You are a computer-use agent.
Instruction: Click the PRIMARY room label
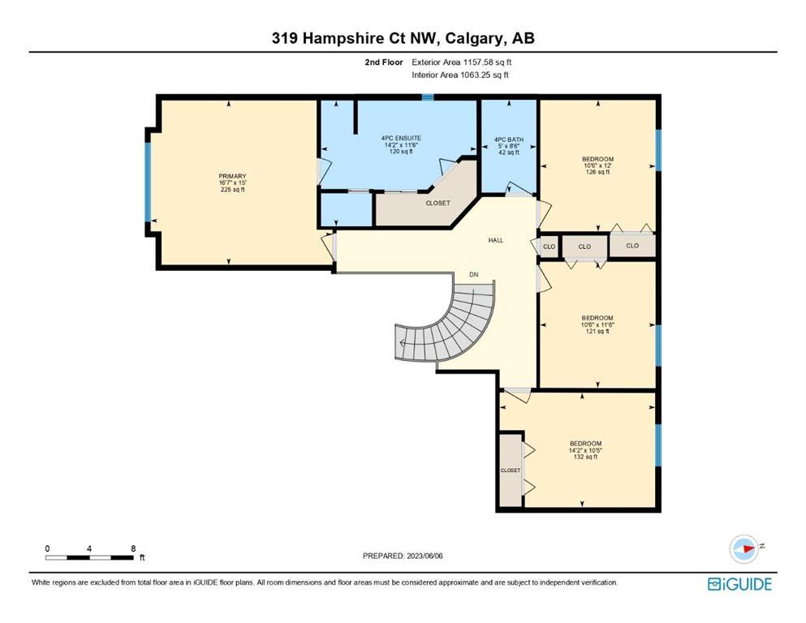coord(232,176)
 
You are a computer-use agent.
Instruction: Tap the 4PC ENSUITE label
coord(401,138)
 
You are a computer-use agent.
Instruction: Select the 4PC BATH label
coord(509,140)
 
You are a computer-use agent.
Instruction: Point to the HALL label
coord(495,240)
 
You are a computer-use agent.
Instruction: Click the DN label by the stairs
coord(473,275)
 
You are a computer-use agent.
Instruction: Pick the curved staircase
coord(452,329)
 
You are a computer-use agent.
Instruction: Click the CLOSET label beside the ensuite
coord(438,203)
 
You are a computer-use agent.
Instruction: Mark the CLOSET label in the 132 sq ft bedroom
coord(511,470)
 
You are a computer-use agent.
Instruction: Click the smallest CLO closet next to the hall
coord(549,247)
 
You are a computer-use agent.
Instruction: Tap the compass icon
coord(744,548)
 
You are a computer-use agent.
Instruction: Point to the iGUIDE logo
coord(739,584)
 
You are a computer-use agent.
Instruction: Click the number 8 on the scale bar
coord(133,548)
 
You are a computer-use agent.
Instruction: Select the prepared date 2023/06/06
coord(425,556)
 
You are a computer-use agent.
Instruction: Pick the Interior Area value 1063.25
coord(476,75)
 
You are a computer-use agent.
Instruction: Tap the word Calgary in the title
coord(473,38)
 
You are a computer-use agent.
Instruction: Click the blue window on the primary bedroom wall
coord(148,182)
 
